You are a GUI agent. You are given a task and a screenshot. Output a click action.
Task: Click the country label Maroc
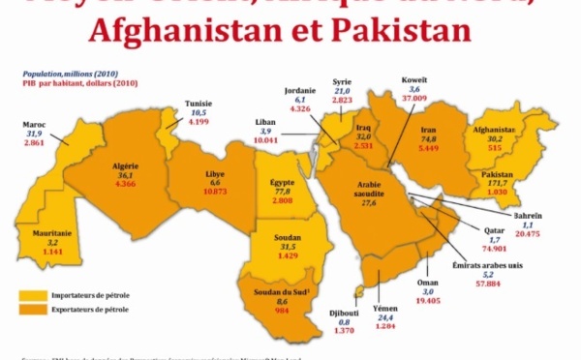coord(34,124)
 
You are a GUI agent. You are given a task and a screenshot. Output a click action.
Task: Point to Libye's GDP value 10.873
coord(216,191)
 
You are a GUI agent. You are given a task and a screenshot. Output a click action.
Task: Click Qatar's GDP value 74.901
coord(496,247)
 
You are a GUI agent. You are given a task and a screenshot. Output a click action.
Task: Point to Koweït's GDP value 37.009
coord(413,99)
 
